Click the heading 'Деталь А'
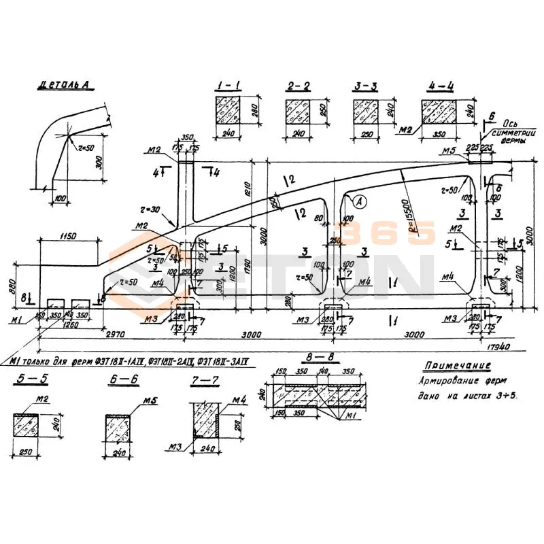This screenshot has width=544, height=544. point(65,86)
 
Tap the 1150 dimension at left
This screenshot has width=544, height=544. point(67,236)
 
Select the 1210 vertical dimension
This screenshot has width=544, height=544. point(249,184)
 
